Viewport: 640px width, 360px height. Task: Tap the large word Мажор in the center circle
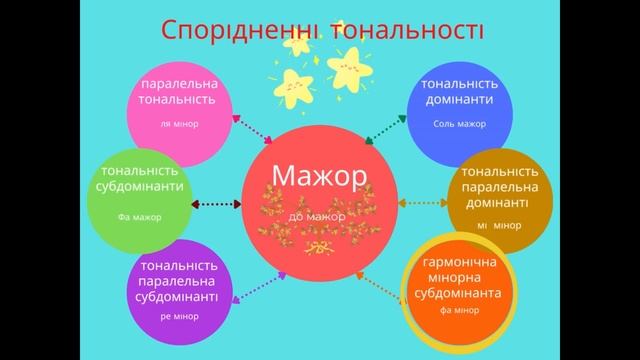317,176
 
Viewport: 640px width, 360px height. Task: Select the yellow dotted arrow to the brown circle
424,203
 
